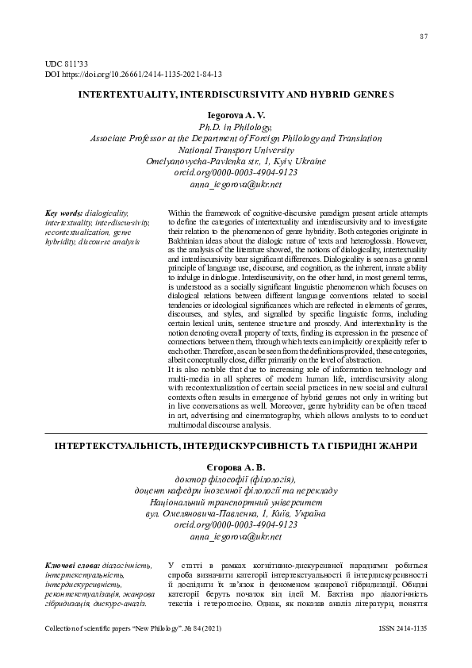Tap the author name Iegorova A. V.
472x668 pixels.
pyautogui.click(x=236, y=115)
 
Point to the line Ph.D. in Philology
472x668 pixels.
pyautogui.click(x=236, y=126)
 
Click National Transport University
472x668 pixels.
pyautogui.click(x=236, y=148)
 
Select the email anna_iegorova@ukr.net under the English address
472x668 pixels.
pyautogui.click(x=236, y=185)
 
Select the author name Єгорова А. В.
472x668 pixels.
pyautogui.click(x=236, y=466)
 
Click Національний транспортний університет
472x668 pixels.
pyautogui.click(x=236, y=502)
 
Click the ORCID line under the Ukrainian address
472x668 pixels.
pyautogui.click(x=236, y=525)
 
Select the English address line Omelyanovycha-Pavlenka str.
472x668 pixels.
pyautogui.click(x=236, y=160)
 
